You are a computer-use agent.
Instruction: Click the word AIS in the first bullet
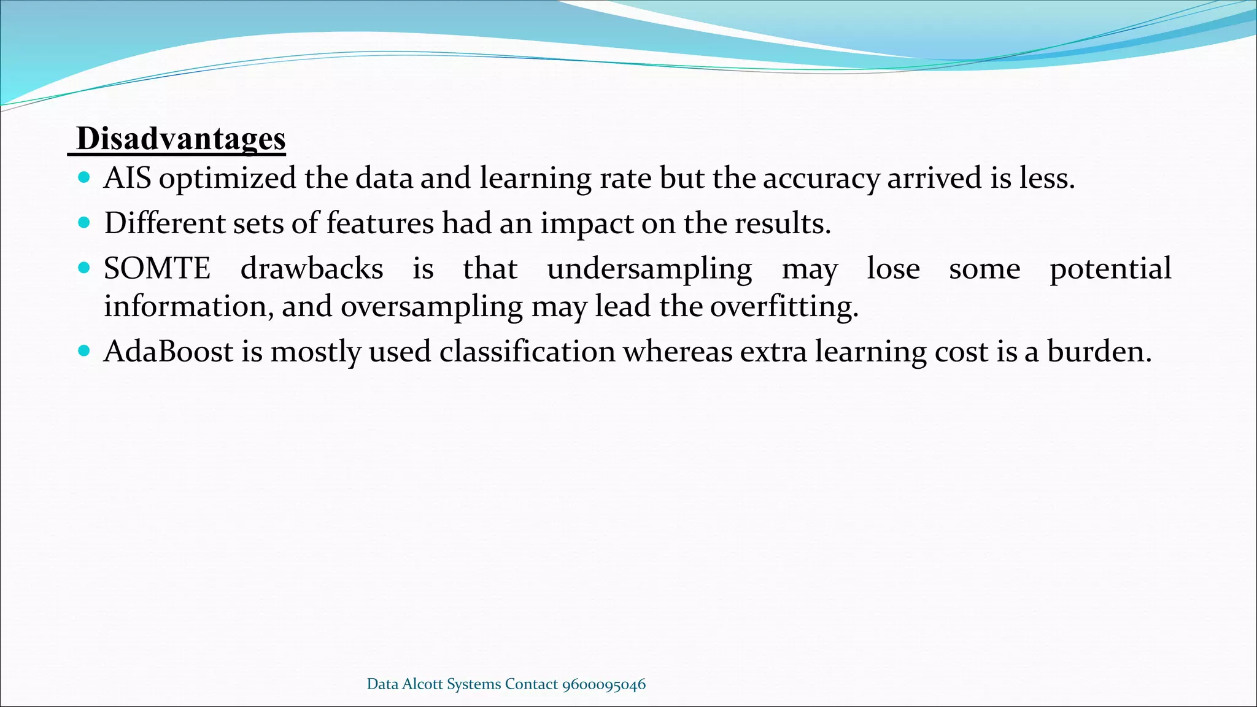click(x=127, y=178)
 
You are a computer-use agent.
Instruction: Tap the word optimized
click(x=227, y=179)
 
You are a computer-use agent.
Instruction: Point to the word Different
click(x=164, y=223)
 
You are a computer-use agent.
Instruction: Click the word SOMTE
click(x=157, y=269)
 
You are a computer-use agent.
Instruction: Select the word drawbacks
click(x=312, y=269)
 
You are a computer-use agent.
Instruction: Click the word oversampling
click(x=431, y=307)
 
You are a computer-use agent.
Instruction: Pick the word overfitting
click(x=784, y=306)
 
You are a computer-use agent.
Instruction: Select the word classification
click(x=527, y=352)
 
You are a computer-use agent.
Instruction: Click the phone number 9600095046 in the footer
click(x=604, y=684)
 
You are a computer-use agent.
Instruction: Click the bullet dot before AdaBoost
click(x=85, y=352)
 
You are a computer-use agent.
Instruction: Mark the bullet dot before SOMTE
click(x=85, y=268)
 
